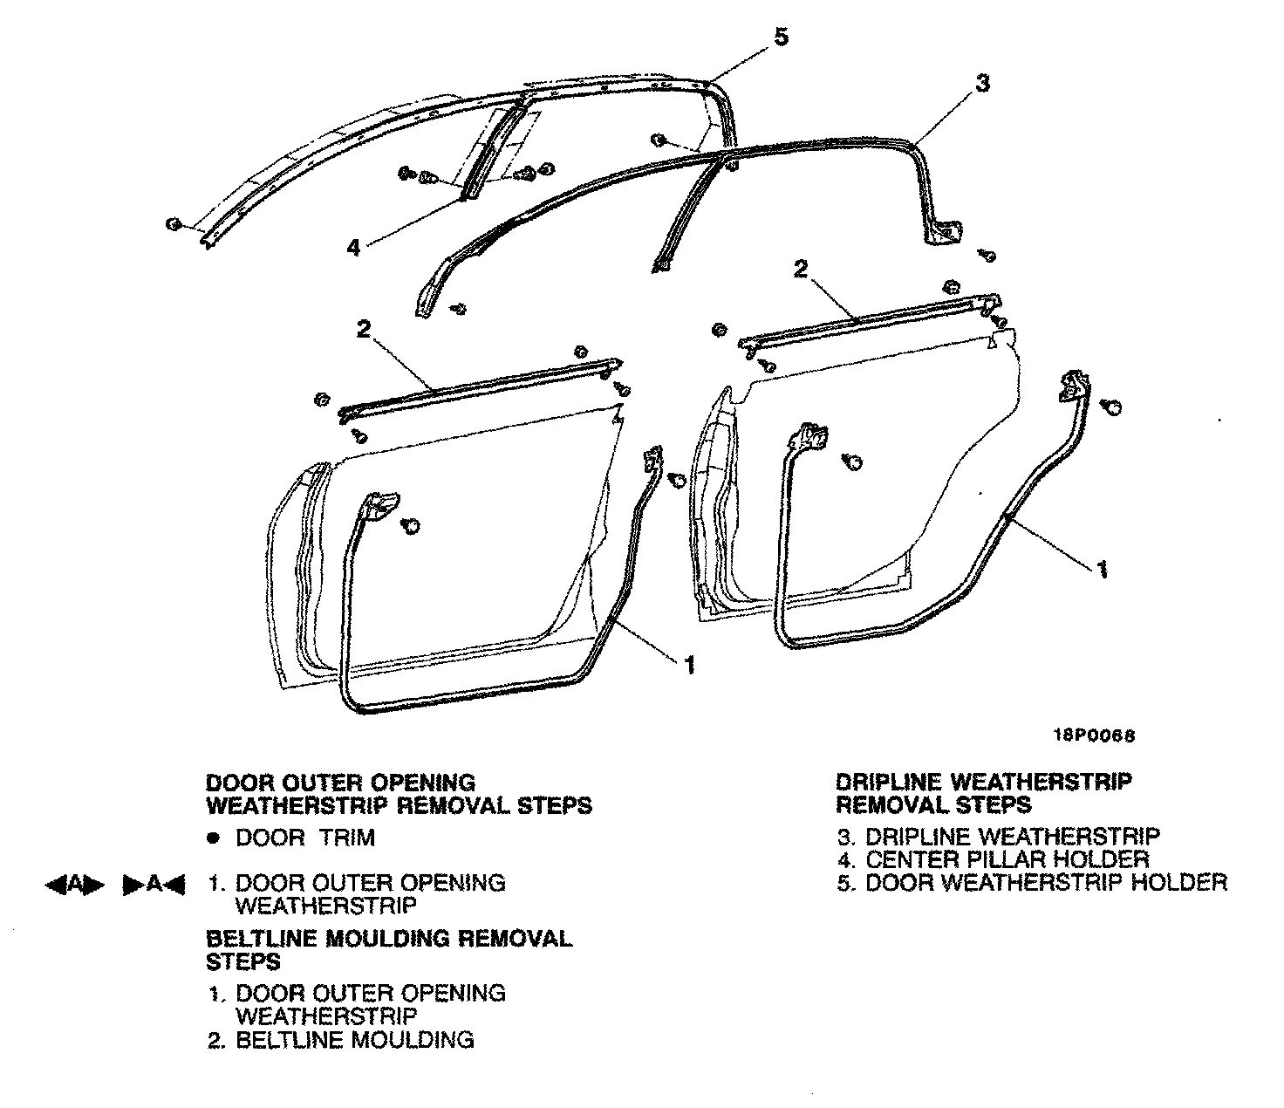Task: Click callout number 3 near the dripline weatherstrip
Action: (981, 84)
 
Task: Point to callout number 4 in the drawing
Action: (352, 247)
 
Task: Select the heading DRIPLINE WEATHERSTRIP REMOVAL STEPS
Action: (984, 793)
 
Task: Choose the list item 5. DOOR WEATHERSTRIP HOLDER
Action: (1032, 882)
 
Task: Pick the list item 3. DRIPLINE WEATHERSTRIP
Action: (999, 837)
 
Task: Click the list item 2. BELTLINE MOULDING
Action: (341, 1039)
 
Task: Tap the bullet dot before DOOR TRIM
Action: (212, 838)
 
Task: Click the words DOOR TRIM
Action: (305, 838)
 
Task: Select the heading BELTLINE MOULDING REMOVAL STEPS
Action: (389, 949)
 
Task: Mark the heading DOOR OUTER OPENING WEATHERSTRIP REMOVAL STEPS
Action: (398, 793)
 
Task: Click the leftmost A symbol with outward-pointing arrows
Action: (74, 885)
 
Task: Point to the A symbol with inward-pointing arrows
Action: (154, 885)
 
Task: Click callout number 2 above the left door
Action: (364, 330)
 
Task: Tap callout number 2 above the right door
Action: (800, 268)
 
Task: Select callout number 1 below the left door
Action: (690, 666)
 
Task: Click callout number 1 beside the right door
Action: (1102, 569)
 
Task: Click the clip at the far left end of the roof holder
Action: (173, 225)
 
